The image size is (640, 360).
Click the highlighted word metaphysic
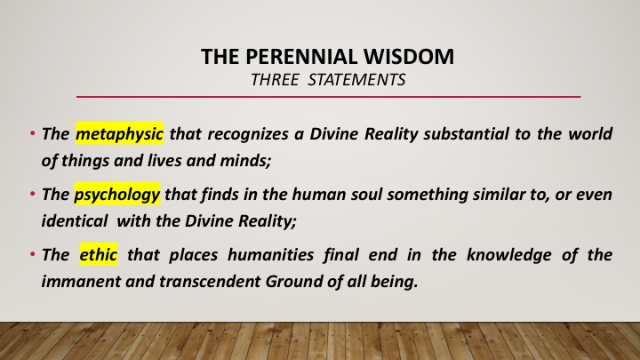[x=120, y=133]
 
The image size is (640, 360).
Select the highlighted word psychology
[x=117, y=194]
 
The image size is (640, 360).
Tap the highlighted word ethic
[x=99, y=254]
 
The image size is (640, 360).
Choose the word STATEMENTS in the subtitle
[x=356, y=80]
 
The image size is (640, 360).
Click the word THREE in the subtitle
[x=275, y=80]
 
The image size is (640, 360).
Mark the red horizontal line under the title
[x=328, y=97]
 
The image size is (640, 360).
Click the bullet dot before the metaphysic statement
[x=32, y=133]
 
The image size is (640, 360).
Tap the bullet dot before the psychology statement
[x=32, y=194]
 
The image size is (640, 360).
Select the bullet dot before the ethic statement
[x=32, y=254]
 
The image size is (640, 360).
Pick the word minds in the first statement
[x=245, y=160]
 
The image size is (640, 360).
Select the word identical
[x=75, y=220]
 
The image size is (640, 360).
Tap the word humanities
[x=270, y=255]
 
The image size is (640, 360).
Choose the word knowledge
[x=509, y=255]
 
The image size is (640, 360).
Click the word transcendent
[x=210, y=282]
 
